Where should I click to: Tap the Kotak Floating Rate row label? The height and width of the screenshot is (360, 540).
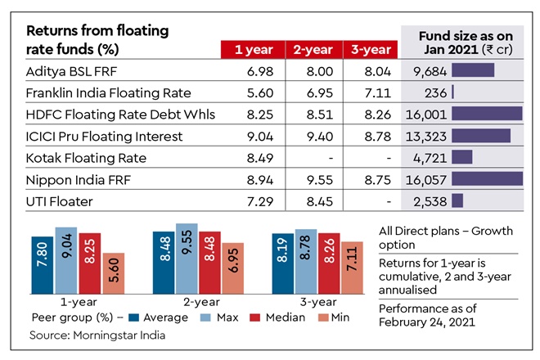86,157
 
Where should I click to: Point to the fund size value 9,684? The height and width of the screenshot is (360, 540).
423,71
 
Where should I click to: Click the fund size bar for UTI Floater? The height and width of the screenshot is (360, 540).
457,200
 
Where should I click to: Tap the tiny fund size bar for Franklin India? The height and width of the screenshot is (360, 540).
452,92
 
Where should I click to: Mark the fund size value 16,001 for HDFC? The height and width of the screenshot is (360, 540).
425,115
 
